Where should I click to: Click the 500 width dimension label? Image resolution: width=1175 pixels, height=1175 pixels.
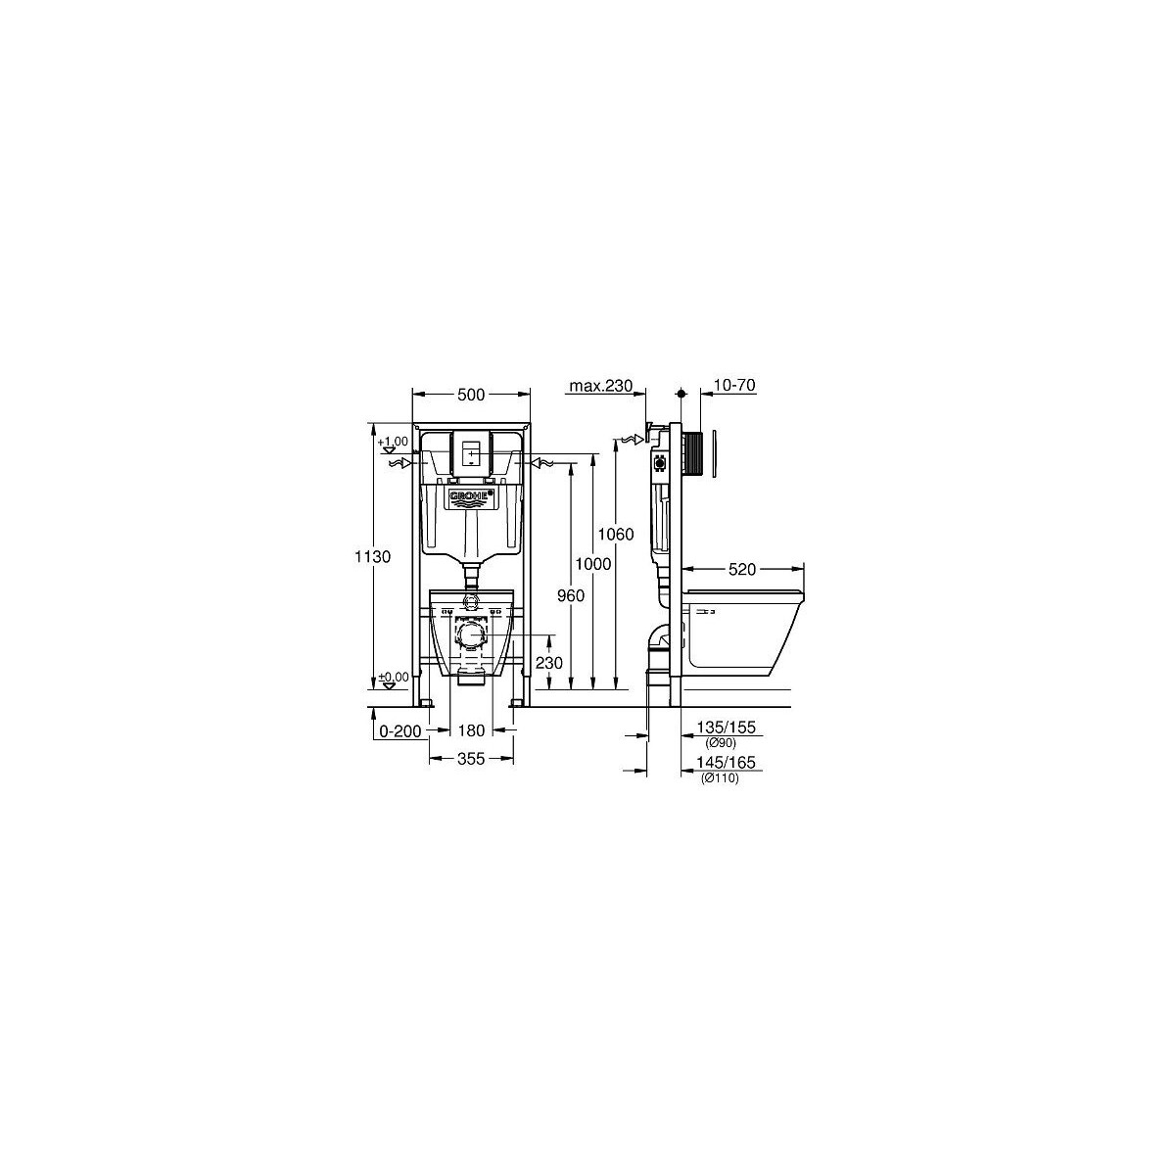coord(471,396)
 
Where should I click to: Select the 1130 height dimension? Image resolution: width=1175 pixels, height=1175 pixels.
coord(373,557)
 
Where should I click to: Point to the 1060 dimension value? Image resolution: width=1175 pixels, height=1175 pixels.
coord(616,535)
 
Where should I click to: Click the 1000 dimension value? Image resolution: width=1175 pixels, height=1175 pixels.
coord(593,564)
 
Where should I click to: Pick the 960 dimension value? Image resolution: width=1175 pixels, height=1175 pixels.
coord(571,595)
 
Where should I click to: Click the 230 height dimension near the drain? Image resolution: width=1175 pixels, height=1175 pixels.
coord(548,662)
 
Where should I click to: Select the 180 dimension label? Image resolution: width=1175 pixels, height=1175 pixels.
coord(471,729)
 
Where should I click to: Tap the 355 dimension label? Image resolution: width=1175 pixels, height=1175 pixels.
coord(471,759)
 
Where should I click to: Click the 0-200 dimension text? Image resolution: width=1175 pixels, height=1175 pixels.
coord(400,730)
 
